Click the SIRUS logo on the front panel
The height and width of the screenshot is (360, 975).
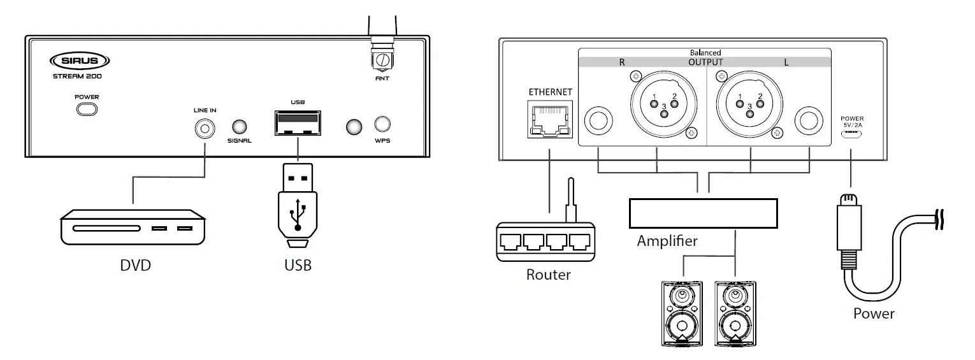[80, 61]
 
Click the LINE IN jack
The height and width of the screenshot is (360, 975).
[205, 128]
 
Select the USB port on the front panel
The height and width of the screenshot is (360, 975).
[297, 122]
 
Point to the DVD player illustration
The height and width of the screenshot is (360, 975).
[133, 227]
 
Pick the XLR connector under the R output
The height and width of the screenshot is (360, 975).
[662, 104]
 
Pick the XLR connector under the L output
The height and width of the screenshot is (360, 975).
[748, 104]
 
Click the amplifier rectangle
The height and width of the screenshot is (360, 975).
[703, 213]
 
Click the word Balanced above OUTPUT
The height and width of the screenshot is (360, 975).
[705, 52]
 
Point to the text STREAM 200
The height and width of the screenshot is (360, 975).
[77, 76]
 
